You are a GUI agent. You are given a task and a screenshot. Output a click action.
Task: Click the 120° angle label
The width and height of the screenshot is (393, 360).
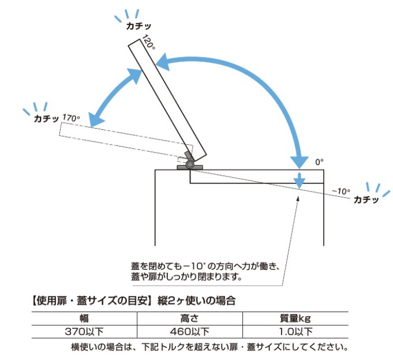tap(148, 42)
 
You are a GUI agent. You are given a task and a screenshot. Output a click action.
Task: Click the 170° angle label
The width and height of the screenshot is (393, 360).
tap(71, 118)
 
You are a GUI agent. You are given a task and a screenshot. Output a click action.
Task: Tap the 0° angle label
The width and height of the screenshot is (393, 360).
tap(319, 162)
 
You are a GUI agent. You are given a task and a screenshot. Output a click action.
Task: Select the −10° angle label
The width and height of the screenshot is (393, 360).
tap(341, 192)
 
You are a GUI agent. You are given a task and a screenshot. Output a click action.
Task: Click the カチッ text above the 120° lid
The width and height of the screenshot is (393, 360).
tap(139, 26)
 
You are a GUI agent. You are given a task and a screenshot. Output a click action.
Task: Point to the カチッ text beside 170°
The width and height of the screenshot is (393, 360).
tap(46, 118)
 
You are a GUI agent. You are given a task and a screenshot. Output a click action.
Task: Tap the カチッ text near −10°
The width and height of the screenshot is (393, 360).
tap(366, 200)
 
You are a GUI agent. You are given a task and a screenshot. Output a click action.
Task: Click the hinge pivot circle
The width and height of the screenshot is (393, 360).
tap(190, 164)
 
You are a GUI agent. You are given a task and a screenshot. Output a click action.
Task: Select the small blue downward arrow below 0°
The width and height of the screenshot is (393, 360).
tap(300, 181)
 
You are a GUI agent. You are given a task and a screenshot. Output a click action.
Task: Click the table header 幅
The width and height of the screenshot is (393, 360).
tap(84, 318)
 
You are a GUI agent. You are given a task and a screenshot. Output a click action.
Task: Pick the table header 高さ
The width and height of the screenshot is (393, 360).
tap(189, 318)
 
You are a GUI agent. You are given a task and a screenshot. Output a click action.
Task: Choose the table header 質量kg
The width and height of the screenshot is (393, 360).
tap(295, 318)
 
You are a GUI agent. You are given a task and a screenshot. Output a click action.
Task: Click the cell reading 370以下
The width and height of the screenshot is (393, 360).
tap(84, 332)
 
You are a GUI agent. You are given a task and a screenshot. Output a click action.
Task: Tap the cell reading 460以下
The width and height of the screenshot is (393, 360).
tap(189, 332)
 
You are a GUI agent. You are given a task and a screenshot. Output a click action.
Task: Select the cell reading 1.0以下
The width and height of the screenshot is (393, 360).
tap(295, 332)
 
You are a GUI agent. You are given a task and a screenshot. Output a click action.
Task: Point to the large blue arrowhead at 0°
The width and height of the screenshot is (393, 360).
tap(300, 163)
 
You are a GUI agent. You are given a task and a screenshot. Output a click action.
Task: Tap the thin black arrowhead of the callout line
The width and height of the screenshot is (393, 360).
tap(298, 198)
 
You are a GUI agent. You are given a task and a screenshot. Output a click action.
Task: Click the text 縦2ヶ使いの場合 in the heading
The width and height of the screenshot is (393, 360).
tap(196, 301)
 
